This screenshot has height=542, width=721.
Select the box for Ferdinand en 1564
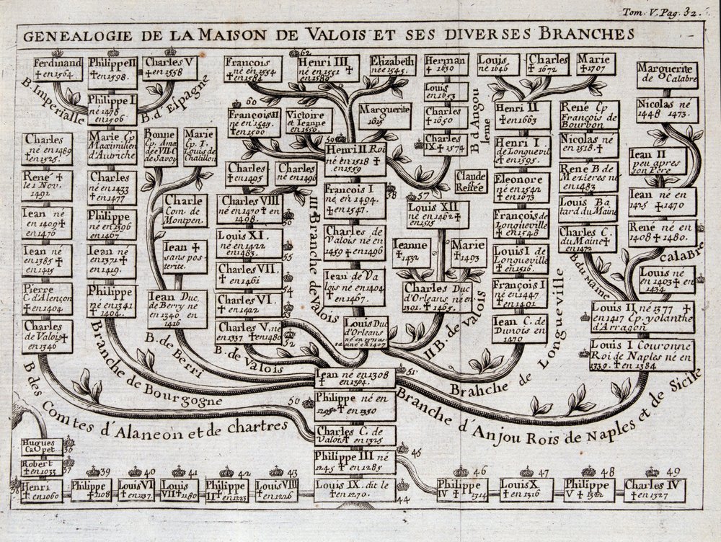[58, 68]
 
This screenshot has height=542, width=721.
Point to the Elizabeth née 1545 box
[393, 66]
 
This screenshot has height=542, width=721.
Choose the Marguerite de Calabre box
[666, 72]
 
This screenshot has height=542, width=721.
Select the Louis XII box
[437, 213]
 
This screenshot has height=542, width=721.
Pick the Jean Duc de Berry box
[177, 308]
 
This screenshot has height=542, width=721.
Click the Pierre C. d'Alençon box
[47, 296]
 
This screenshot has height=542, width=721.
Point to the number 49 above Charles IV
[675, 471]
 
